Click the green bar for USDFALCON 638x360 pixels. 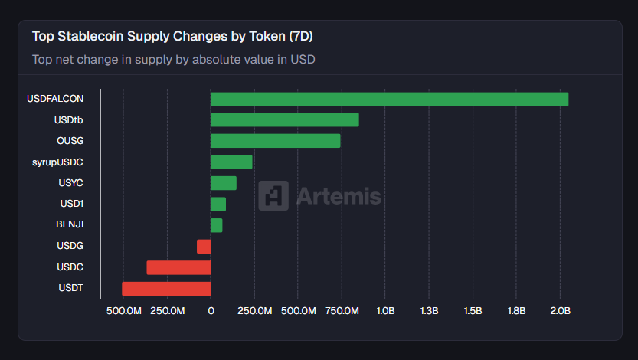[389, 99]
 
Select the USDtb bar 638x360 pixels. [284, 119]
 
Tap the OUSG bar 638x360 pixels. [275, 141]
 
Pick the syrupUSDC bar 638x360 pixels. [231, 162]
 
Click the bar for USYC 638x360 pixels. [224, 183]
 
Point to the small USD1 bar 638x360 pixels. [218, 204]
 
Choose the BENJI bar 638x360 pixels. [217, 225]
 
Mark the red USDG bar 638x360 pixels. [204, 246]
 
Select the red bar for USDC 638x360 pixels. [178, 267]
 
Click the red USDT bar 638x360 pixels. [166, 288]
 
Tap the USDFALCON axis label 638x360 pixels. [55, 99]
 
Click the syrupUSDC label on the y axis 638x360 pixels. [57, 162]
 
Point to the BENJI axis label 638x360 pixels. [70, 225]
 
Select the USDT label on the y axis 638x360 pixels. [70, 288]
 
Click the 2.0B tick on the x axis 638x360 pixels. [560, 311]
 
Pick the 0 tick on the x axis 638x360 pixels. [211, 311]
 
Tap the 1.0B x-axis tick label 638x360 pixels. [385, 311]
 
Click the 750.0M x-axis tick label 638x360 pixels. [342, 311]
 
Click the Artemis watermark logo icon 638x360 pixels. [273, 195]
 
